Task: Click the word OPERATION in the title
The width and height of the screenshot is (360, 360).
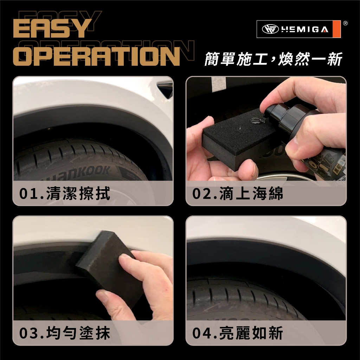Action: coord(96,56)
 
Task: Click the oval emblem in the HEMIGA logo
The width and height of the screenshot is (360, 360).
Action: coord(270,30)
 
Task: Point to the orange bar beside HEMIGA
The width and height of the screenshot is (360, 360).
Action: coord(336,29)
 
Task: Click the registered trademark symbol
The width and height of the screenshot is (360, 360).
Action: coord(345,23)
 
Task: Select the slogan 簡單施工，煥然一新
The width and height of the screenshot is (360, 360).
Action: coord(274,59)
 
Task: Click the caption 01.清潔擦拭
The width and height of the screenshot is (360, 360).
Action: coord(65,193)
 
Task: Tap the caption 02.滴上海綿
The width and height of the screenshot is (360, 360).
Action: coord(238,193)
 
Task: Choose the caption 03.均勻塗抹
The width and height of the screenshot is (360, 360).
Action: coord(65,333)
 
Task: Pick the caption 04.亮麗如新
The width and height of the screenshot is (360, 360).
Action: coord(238,333)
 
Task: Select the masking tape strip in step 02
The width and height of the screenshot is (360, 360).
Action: coord(218,84)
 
